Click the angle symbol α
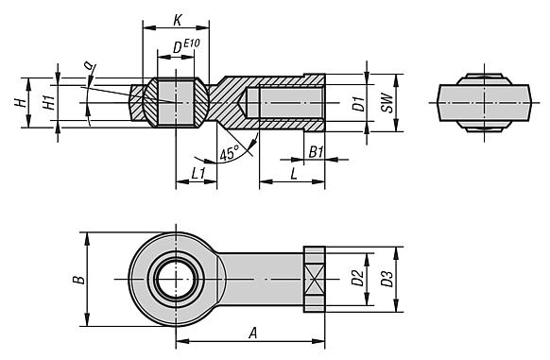[88, 66]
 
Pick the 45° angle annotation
[228, 154]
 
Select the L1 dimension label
[198, 173]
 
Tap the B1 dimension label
[317, 151]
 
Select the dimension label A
[251, 332]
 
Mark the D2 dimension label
[356, 279]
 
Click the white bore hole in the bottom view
[176, 279]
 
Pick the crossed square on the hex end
[315, 280]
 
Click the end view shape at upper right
[481, 102]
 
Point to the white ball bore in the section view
[176, 102]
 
